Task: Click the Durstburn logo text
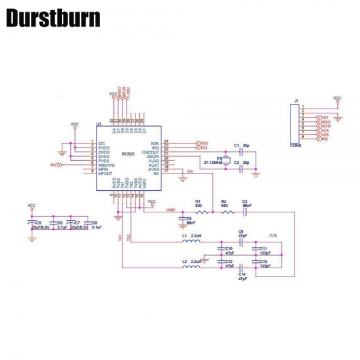(x=53, y=18)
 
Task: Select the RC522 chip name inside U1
(x=128, y=154)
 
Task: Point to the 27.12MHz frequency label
(x=212, y=162)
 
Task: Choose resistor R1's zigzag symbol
(x=202, y=212)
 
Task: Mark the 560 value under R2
(x=224, y=206)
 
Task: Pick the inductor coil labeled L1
(x=191, y=242)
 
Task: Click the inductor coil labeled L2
(x=191, y=268)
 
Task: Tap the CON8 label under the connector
(x=295, y=145)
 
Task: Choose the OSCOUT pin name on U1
(x=151, y=152)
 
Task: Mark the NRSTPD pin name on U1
(x=106, y=165)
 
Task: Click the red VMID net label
(x=170, y=211)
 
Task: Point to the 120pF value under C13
(x=265, y=266)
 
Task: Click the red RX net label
(x=190, y=171)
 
